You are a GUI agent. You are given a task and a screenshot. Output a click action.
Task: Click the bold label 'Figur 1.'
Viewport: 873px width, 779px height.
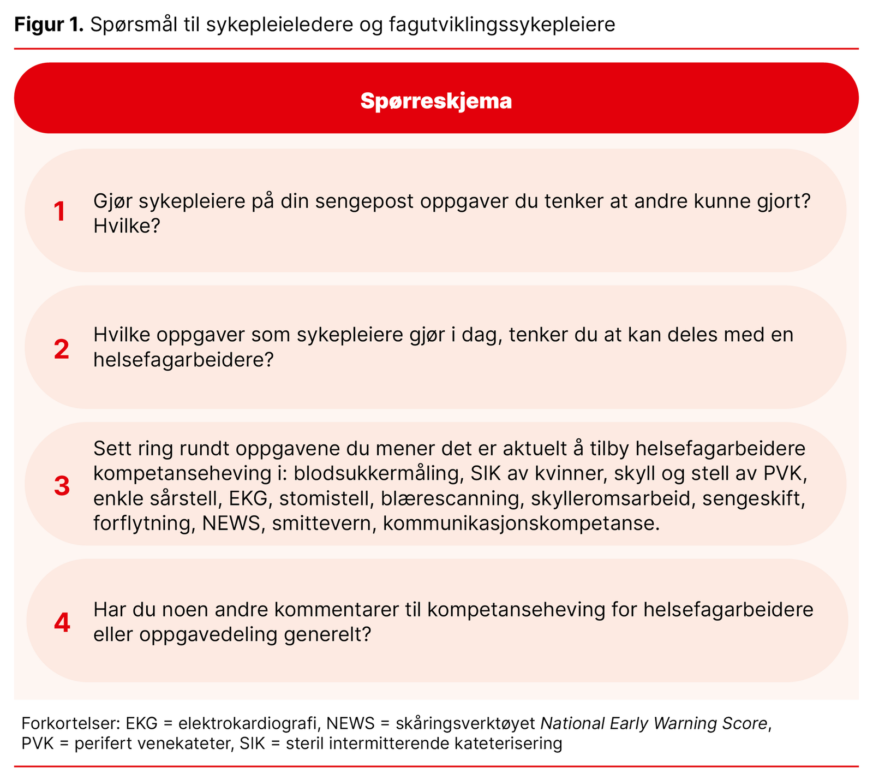click(x=49, y=25)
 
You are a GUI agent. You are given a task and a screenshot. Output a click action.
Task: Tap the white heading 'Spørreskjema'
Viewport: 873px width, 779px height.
click(x=436, y=101)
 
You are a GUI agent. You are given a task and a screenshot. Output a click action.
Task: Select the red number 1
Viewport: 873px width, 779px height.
click(x=59, y=212)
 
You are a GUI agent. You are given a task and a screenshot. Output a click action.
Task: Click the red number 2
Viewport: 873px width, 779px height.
click(x=62, y=349)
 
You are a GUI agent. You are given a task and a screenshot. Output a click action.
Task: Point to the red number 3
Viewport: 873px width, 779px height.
click(x=62, y=486)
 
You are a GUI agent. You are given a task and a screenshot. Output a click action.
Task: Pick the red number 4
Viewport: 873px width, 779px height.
click(x=62, y=622)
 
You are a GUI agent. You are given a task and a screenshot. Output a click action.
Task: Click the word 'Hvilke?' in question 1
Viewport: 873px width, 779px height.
click(x=126, y=226)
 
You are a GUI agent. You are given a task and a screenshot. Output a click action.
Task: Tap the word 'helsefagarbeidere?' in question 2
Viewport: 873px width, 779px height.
click(x=183, y=360)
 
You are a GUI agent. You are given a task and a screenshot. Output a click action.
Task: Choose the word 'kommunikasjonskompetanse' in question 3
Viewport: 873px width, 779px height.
click(x=521, y=524)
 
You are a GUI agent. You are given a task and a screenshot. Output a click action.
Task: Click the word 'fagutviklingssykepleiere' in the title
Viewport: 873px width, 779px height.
click(x=502, y=25)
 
